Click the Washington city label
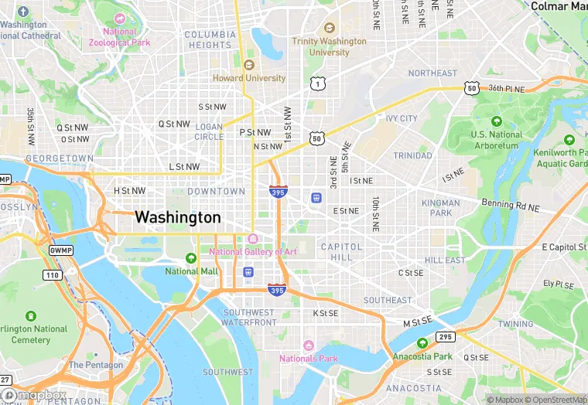tap(178, 218)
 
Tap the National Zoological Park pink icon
tap(119, 19)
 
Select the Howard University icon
tap(249, 65)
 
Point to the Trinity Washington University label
tap(329, 46)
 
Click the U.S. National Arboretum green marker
tap(496, 122)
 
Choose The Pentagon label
tap(95, 365)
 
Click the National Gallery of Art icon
tap(252, 238)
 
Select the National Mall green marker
tap(191, 258)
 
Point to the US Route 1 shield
tap(316, 83)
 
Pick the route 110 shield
tap(52, 275)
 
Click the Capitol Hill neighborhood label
tap(341, 252)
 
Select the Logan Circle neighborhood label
tap(209, 131)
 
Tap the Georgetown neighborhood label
tap(60, 158)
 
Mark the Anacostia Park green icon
tap(422, 343)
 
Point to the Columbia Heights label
tap(210, 40)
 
